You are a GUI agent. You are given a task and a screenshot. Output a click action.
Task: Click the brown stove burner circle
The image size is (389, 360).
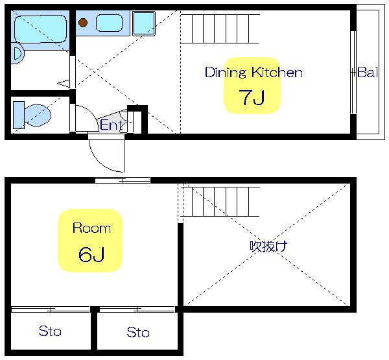83,23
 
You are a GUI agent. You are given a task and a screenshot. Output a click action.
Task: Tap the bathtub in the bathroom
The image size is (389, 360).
41,29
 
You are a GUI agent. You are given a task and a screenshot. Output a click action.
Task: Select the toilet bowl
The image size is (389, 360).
38,115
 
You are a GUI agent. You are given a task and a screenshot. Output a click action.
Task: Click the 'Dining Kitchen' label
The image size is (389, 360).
253,73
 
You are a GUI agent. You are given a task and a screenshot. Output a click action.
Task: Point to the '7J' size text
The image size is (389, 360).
252,97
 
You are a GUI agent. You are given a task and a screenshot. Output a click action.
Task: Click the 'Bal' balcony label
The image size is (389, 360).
368,72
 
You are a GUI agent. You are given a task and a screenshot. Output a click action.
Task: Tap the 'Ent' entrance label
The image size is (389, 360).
111,125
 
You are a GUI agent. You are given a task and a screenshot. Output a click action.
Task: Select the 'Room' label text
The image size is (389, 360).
91,228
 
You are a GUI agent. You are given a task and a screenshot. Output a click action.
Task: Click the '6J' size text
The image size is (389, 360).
91,254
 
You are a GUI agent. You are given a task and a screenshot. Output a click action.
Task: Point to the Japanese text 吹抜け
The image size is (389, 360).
268,246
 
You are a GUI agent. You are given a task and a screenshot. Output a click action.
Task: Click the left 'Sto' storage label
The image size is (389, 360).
50,331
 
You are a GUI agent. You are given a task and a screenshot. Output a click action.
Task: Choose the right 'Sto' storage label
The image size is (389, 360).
138,332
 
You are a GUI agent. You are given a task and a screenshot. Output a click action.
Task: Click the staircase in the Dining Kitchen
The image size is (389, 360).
220,29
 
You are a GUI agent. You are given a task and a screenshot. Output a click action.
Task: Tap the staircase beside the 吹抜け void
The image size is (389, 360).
220,202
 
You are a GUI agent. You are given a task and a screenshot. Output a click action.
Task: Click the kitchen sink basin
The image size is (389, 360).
109,23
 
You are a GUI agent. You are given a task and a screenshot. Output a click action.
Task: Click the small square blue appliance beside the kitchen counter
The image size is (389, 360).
144,23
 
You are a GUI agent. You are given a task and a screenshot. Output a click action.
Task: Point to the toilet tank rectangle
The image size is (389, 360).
19,115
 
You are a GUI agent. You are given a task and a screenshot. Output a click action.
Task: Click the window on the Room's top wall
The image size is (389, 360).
123,180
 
